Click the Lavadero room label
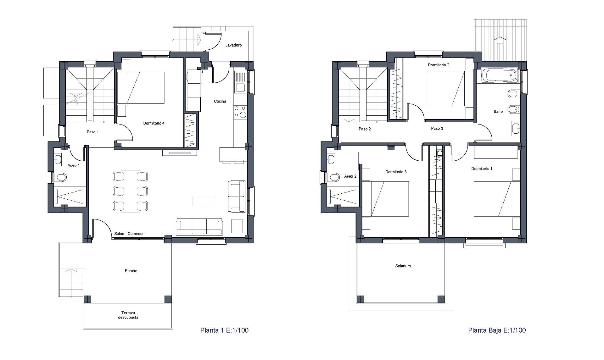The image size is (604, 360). (x=233, y=45)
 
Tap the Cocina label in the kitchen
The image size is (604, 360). (x=220, y=101)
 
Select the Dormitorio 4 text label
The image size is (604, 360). (x=154, y=123)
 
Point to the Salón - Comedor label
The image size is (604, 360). (x=129, y=234)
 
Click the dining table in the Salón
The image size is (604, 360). (x=130, y=191)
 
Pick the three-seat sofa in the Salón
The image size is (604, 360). (x=199, y=227)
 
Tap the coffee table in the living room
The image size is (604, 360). (x=203, y=202)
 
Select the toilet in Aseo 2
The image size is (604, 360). (x=333, y=177)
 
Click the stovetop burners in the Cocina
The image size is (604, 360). (x=240, y=112)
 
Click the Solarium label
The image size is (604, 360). (x=403, y=266)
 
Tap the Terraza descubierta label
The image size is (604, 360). (x=128, y=315)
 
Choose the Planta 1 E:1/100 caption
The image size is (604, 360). (x=224, y=330)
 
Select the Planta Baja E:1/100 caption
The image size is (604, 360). (x=497, y=330)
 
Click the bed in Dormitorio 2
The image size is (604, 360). (x=446, y=89)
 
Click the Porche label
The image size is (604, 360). (x=131, y=271)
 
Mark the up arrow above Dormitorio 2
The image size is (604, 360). (x=500, y=40)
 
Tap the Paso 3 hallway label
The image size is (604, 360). (x=437, y=128)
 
